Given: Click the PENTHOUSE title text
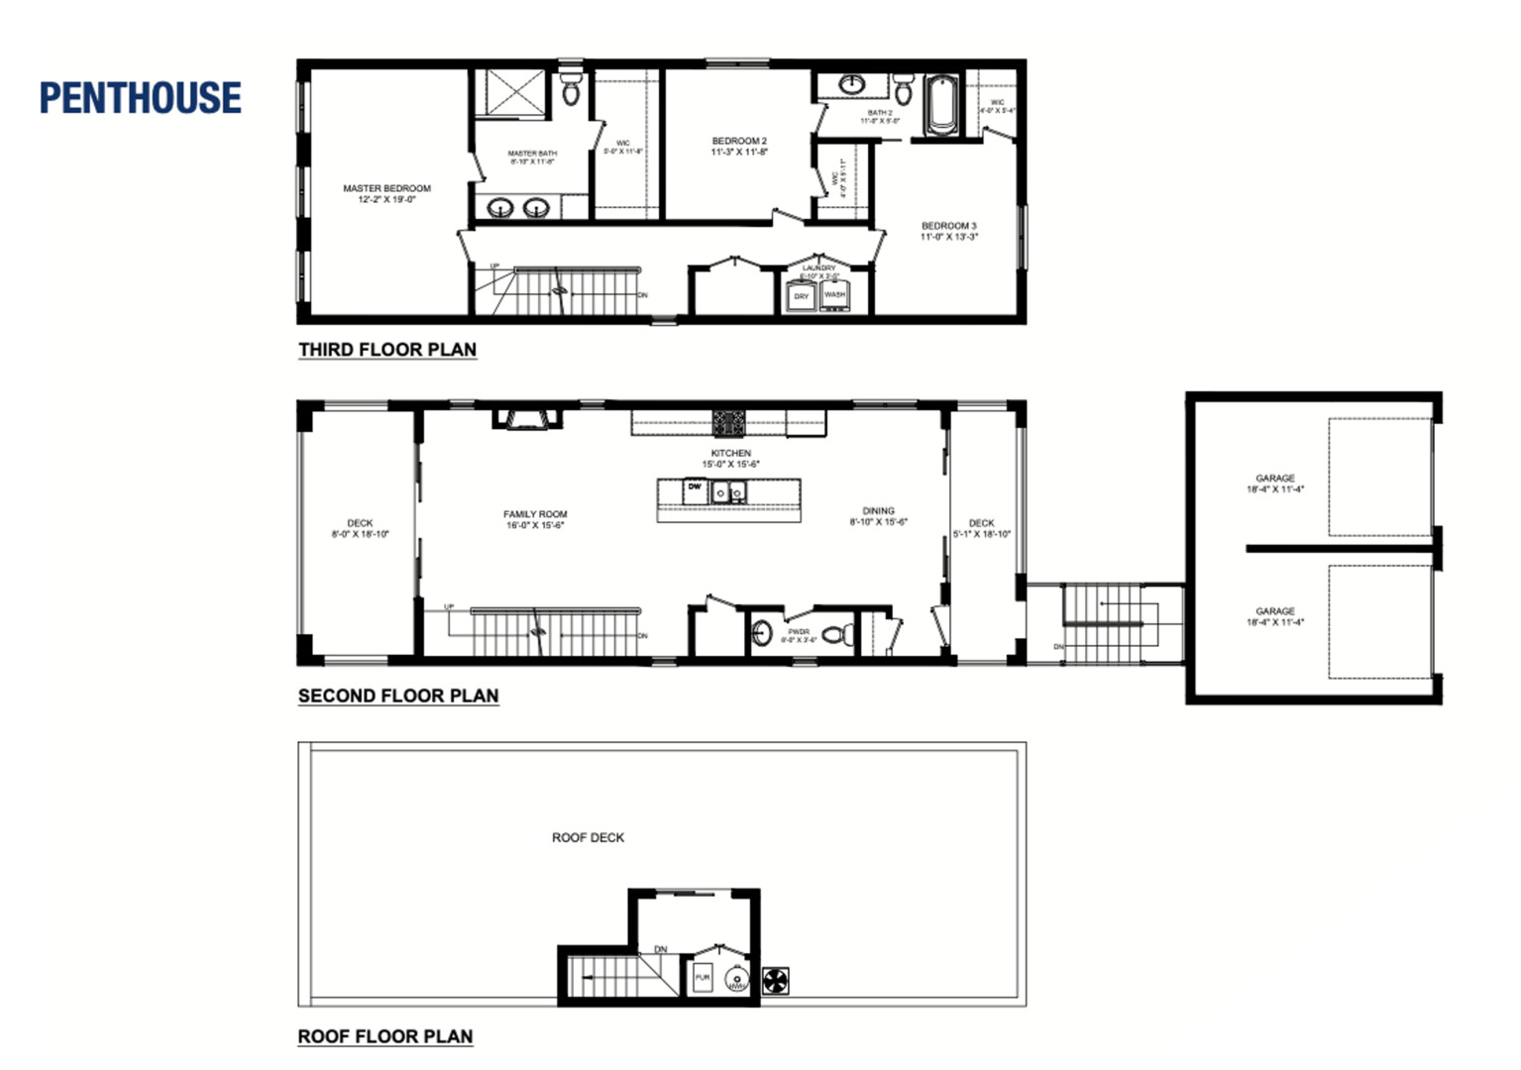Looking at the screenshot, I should (x=140, y=98).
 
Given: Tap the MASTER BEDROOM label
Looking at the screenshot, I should (x=386, y=193).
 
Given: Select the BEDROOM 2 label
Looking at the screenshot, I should (x=739, y=147).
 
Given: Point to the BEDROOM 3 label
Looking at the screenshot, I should (x=948, y=231).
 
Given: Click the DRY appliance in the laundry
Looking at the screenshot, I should (x=801, y=296).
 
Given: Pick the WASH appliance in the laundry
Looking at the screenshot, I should (x=835, y=294).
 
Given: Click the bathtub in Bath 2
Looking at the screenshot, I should (x=941, y=106).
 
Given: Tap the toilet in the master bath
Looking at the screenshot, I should (x=571, y=90).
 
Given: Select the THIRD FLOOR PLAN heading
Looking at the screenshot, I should (x=387, y=350).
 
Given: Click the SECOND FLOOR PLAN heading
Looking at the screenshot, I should (x=398, y=695).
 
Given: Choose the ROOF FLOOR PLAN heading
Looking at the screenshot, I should (x=385, y=1036).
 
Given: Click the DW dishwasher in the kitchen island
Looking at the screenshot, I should (x=695, y=488).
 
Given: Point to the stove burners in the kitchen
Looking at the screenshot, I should (x=729, y=423).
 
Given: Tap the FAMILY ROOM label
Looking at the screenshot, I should (x=535, y=519).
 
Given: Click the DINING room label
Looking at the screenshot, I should (x=878, y=516).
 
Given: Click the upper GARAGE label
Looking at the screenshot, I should (x=1275, y=483).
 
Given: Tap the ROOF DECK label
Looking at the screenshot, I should (x=588, y=837).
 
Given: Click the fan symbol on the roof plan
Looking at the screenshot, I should (x=776, y=981).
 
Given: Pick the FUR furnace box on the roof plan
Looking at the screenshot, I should (x=703, y=978).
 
